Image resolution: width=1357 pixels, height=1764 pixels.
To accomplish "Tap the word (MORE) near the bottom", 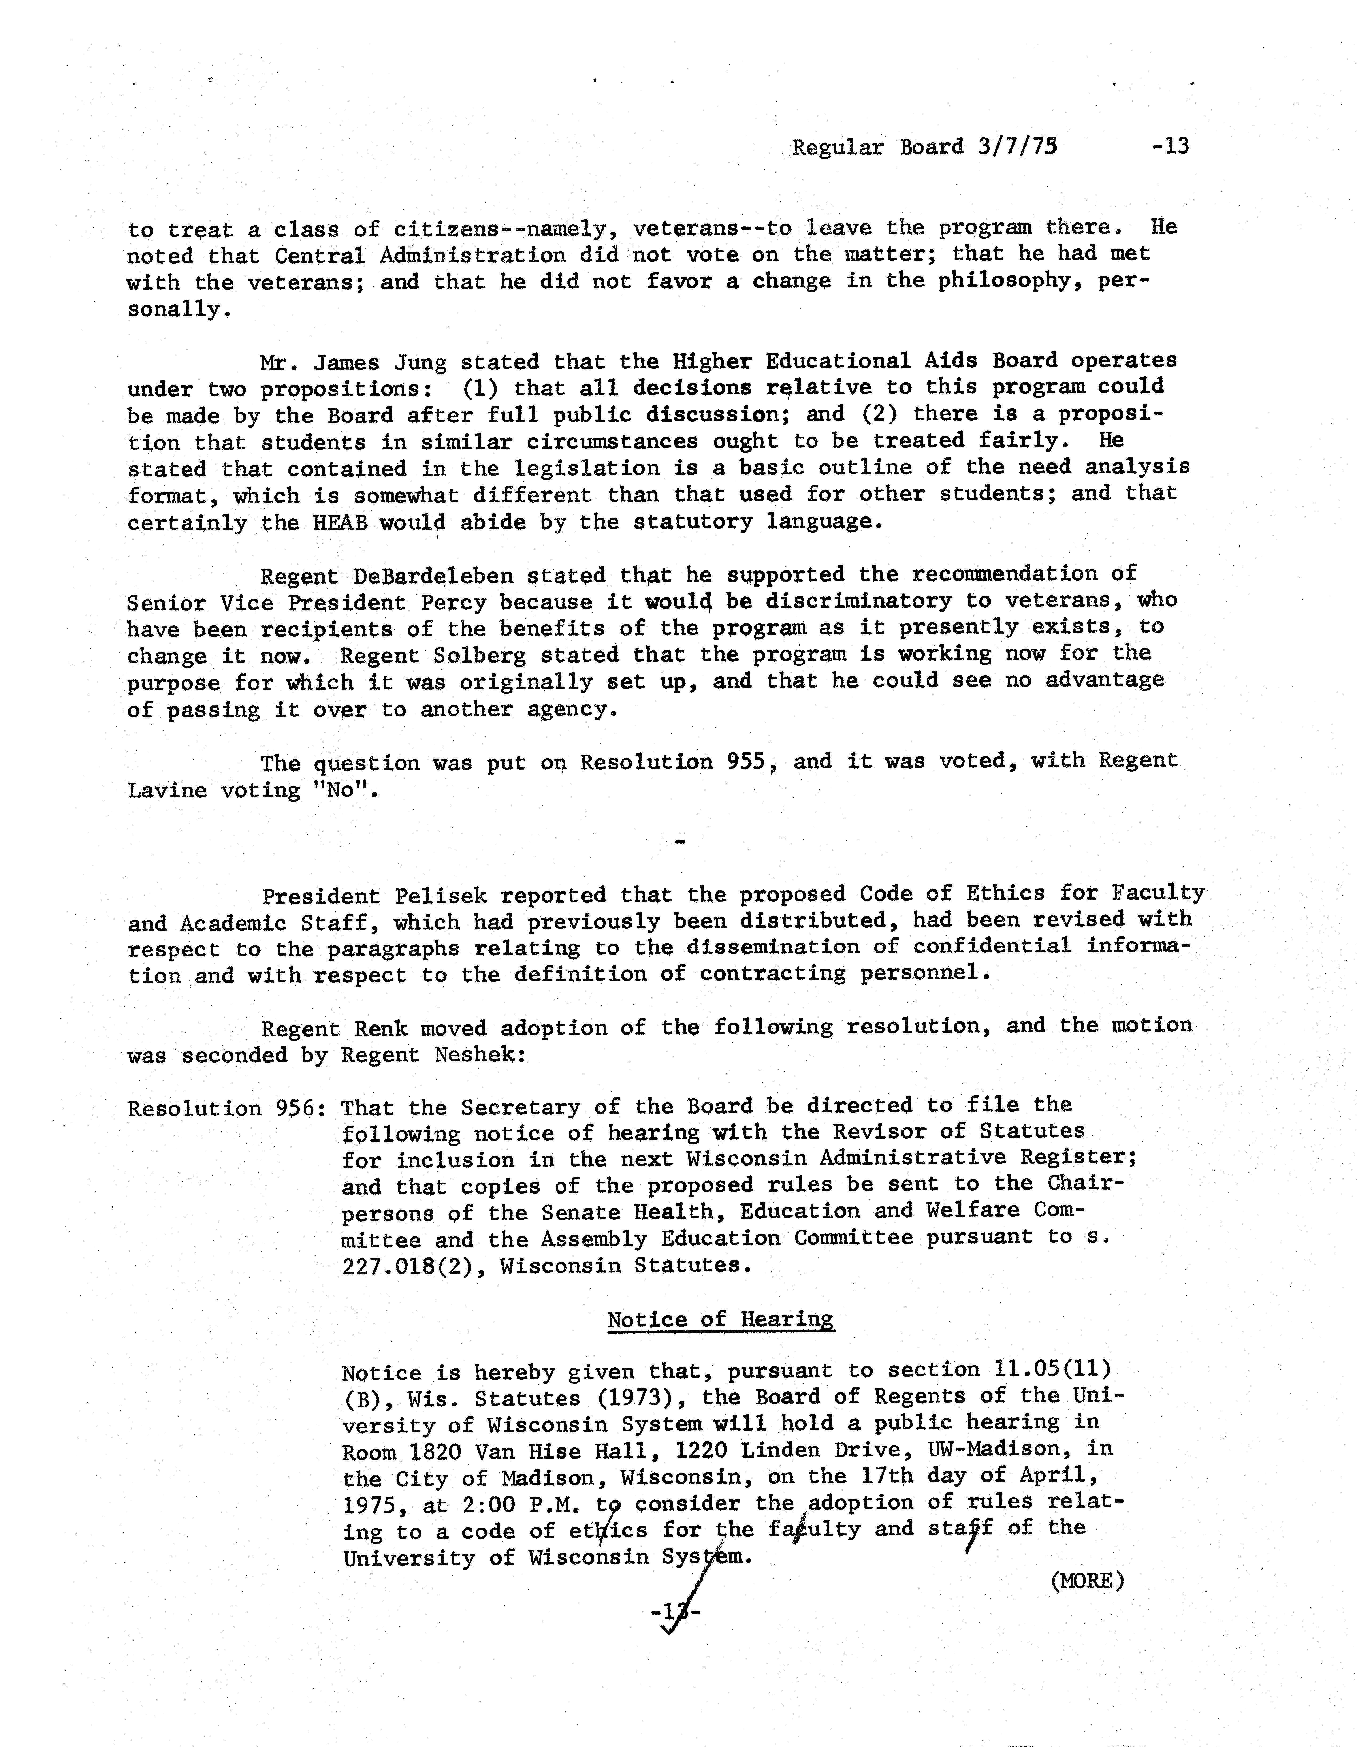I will pos(1087,1580).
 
